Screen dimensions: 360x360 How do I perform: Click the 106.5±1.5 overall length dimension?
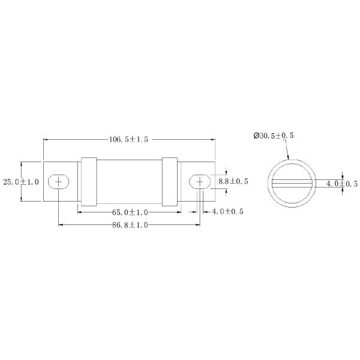128,139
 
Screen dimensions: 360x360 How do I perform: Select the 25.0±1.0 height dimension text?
21,182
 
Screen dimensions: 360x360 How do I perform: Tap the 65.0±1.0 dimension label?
130,212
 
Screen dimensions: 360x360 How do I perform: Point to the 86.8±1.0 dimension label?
130,225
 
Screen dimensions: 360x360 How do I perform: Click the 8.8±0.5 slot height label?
233,181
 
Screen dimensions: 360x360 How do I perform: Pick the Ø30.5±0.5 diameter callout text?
274,136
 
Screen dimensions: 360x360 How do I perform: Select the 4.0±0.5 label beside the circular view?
342,184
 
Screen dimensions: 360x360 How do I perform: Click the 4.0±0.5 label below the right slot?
227,211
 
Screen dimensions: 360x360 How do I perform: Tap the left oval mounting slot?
59,182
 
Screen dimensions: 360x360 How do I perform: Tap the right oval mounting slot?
200,182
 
